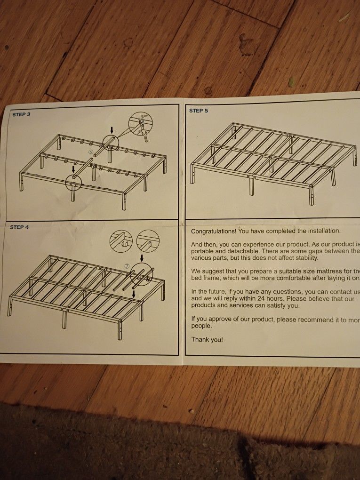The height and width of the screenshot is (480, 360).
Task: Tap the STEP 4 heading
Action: (x=19, y=228)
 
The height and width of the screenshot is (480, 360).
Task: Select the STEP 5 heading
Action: (x=199, y=111)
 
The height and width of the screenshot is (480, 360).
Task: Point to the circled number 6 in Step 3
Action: (x=90, y=152)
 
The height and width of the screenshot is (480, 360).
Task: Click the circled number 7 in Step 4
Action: (x=127, y=266)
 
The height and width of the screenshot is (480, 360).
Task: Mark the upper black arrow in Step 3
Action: (x=112, y=129)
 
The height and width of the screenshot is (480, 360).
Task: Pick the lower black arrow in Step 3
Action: (x=73, y=169)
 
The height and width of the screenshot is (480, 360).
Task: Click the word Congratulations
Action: (x=214, y=231)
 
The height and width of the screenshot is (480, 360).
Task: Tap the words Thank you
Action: (x=207, y=339)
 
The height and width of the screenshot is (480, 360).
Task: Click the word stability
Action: (x=305, y=258)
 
